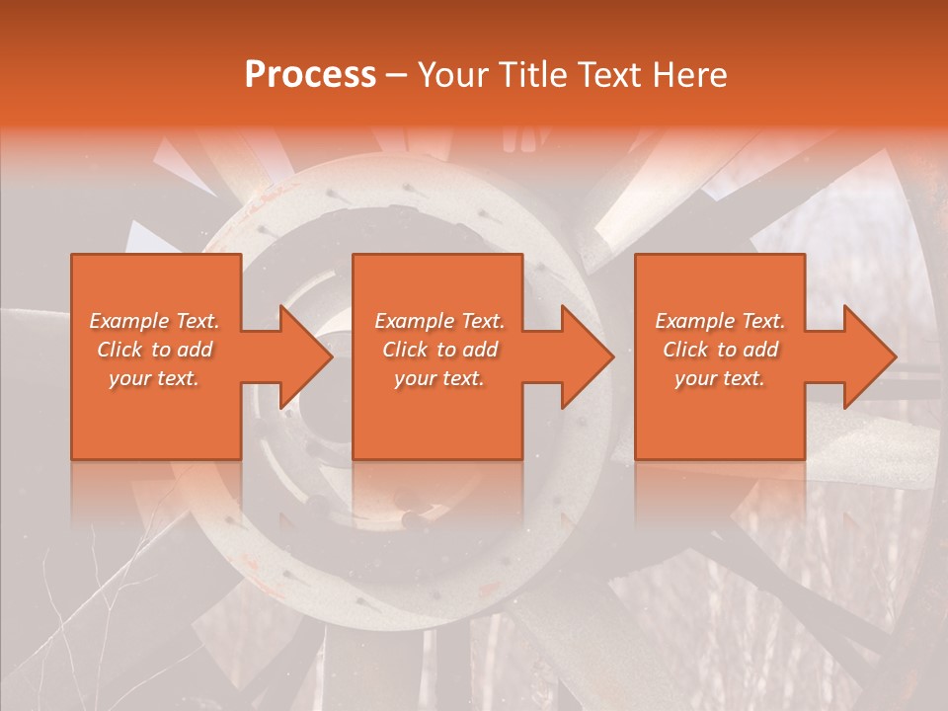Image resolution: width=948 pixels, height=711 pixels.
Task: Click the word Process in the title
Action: [310, 75]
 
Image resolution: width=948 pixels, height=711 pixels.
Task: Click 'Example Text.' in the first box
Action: [154, 321]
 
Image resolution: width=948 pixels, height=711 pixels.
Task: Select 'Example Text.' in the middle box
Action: [439, 321]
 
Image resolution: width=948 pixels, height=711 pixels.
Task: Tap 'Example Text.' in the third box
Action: [720, 321]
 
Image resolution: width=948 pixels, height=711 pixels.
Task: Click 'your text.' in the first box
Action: [154, 378]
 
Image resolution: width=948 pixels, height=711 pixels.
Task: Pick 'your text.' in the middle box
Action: [439, 378]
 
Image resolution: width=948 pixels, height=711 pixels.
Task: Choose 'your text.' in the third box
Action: [720, 378]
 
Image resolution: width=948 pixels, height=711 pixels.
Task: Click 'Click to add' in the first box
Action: [154, 350]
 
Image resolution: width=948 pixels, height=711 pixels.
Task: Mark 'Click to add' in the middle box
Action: [439, 350]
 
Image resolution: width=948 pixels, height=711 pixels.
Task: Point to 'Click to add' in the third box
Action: [720, 350]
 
